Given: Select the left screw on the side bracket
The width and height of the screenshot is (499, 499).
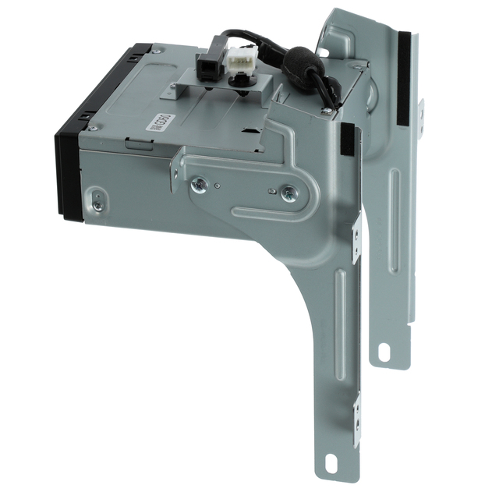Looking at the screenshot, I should click(x=200, y=184).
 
